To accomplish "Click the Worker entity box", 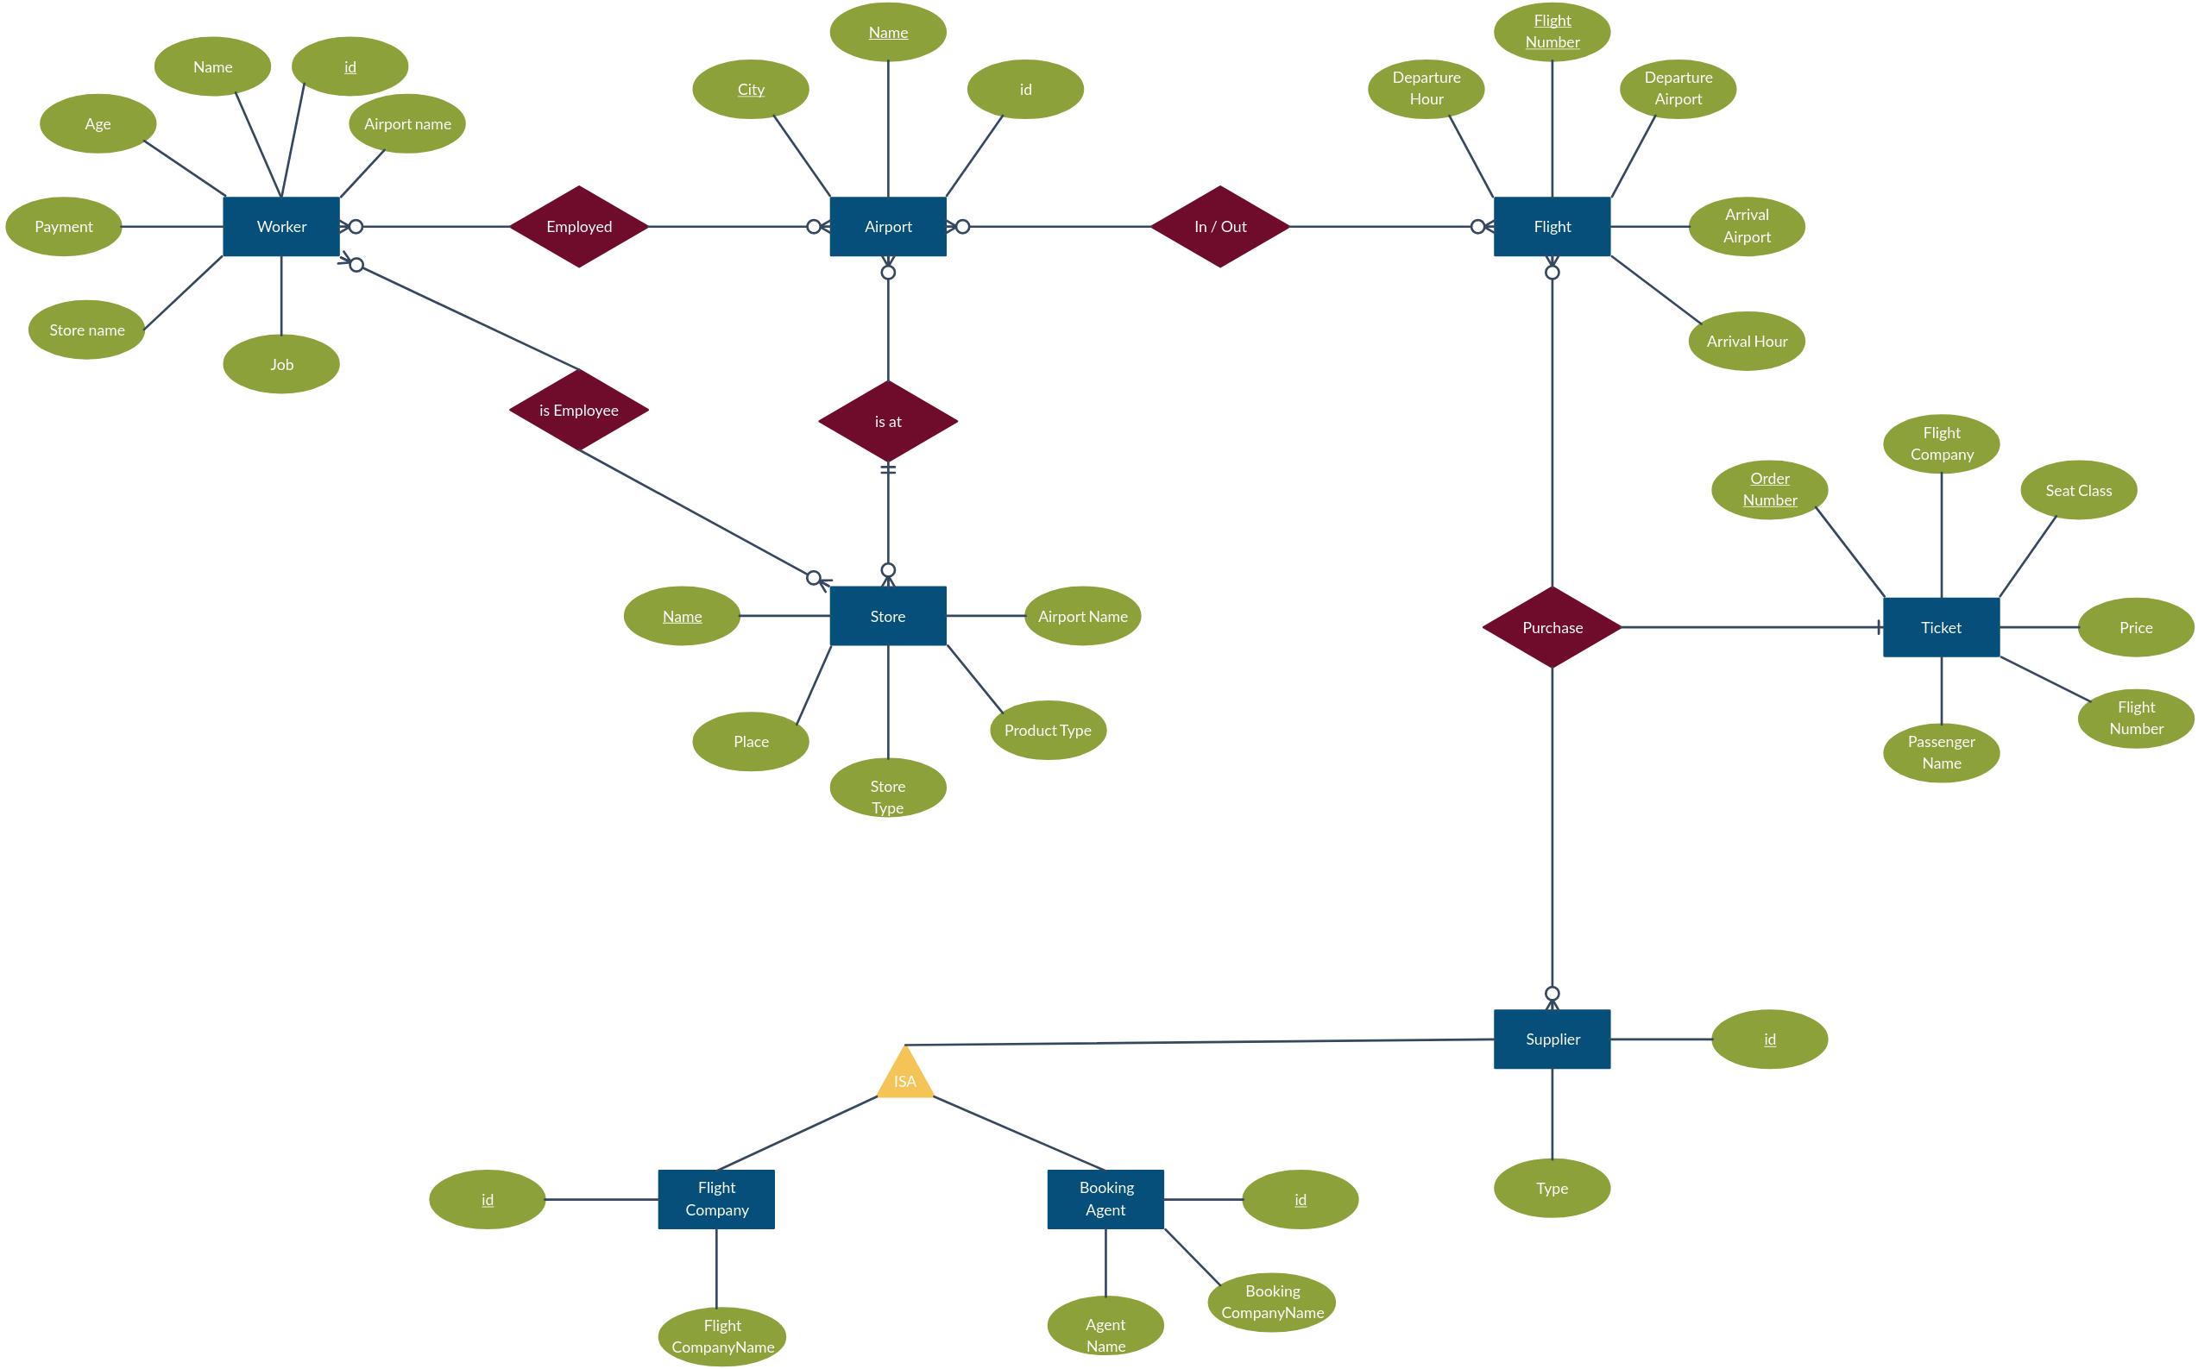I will (x=280, y=226).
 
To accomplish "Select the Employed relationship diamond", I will (x=579, y=226).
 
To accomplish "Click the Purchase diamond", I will (x=1552, y=627).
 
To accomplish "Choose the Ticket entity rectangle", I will (x=1941, y=627).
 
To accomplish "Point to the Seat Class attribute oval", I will (x=2078, y=490).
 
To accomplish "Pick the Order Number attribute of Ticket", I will (x=1770, y=489).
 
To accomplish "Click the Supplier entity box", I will (x=1552, y=1039).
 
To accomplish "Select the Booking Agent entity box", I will (x=1105, y=1199).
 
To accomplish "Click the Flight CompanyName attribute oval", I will (x=722, y=1336).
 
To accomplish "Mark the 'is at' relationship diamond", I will (x=887, y=421).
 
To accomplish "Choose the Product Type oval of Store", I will (x=1048, y=730).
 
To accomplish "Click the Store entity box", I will (x=887, y=616).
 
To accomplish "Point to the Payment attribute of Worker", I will (x=63, y=226).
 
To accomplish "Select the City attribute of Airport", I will (x=751, y=89).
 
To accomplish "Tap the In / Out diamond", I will (x=1220, y=226).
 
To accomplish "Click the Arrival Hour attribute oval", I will (x=1747, y=342).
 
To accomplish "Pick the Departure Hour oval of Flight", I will (x=1426, y=89).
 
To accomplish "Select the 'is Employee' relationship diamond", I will (x=579, y=410).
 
